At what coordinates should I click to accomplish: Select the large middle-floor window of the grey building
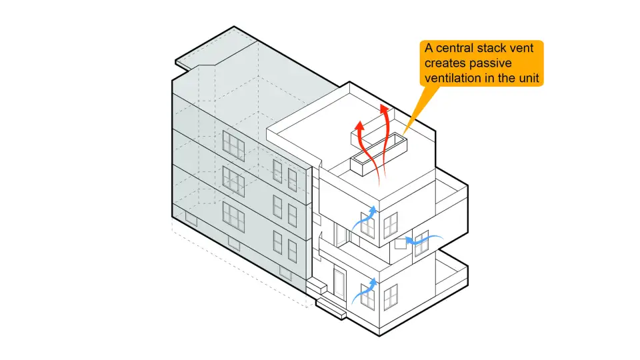pos(233,178)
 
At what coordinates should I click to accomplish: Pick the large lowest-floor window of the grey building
pos(233,214)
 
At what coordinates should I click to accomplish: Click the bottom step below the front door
pos(330,307)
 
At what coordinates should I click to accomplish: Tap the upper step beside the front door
pos(317,287)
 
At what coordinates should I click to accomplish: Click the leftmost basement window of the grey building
pos(191,218)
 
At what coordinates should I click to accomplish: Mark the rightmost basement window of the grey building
pos(285,272)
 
